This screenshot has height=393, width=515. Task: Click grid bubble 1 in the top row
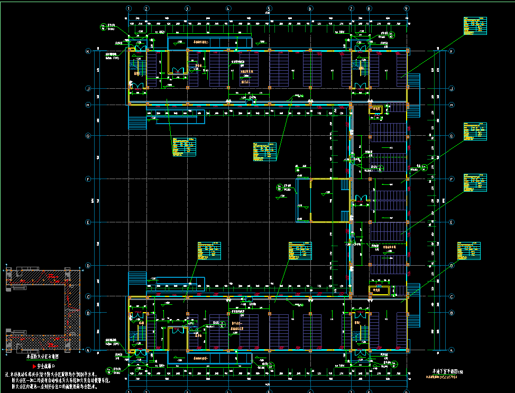pos(129,8)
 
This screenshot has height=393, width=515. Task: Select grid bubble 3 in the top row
pos(187,8)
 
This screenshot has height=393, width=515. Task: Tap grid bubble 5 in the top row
pos(269,8)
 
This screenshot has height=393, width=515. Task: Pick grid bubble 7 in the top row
pos(351,8)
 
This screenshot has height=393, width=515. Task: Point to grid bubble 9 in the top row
pos(407,8)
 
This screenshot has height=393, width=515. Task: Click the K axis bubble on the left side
pos(89,51)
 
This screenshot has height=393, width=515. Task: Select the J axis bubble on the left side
pos(89,88)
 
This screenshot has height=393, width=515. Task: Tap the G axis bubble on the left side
pos(89,136)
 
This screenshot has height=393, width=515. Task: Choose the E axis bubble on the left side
pos(89,222)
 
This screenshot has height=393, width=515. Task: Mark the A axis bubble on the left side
pos(89,350)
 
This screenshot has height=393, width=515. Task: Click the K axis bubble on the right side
pos(451,51)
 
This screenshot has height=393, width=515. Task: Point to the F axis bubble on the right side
pos(451,179)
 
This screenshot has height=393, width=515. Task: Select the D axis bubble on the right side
pos(451,265)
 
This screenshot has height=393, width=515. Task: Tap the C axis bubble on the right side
pos(451,297)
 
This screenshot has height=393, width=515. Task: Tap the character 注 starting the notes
pos(7,374)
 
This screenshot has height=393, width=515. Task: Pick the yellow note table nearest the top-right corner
pos(474,26)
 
